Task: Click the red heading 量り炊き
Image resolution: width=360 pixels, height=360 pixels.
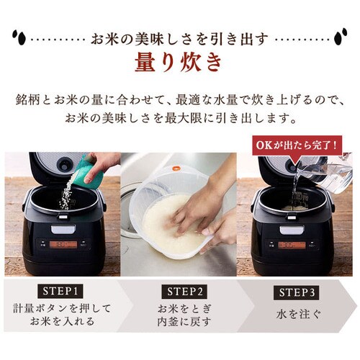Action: point(180,63)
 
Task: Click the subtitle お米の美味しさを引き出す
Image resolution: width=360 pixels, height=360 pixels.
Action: point(180,36)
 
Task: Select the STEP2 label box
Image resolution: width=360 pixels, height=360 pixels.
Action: point(180,292)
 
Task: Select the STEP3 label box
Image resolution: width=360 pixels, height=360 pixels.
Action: point(297,292)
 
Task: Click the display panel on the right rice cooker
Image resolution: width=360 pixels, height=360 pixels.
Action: point(291,245)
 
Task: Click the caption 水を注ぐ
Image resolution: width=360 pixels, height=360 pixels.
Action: point(297,314)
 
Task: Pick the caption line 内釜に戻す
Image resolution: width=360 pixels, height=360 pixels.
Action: point(180,322)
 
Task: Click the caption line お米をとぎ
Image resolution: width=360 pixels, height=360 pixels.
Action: point(180,308)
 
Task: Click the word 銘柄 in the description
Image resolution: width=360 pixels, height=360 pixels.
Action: point(24,98)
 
